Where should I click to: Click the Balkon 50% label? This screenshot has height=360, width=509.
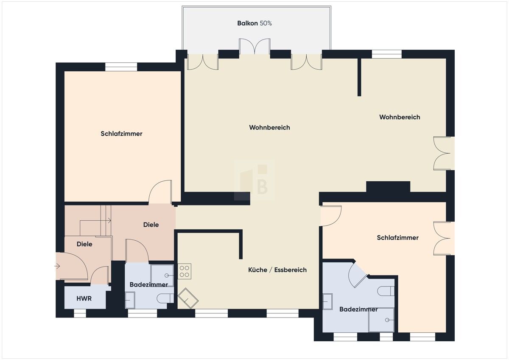point(254,23)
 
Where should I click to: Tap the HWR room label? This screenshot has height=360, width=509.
point(84,298)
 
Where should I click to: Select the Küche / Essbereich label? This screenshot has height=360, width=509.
point(277,270)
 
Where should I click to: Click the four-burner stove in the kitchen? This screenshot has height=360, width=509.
point(185,271)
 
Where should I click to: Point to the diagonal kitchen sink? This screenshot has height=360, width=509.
point(188,298)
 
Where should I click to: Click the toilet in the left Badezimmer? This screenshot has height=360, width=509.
point(165,298)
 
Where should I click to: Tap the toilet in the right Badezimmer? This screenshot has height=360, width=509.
point(386,291)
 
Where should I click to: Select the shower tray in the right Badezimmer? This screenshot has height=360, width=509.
point(381,319)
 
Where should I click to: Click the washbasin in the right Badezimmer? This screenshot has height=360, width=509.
point(328,302)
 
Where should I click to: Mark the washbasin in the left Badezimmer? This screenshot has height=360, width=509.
point(130,300)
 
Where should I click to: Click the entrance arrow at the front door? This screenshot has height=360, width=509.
point(57,266)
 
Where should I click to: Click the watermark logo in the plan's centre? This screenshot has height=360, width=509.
point(255,180)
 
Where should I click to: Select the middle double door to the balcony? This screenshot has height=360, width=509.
point(255,47)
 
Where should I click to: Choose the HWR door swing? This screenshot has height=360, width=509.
point(100,276)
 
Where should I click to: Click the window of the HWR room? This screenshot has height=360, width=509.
point(80,313)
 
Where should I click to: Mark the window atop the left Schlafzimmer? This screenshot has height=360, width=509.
point(121,67)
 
